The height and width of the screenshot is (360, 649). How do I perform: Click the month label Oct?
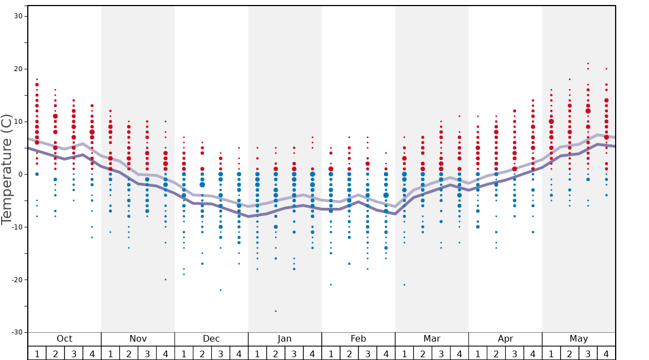(x=64, y=339)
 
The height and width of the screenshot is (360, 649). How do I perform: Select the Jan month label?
(x=284, y=339)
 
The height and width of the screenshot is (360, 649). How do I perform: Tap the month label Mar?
(x=432, y=339)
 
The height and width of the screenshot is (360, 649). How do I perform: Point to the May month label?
(x=578, y=339)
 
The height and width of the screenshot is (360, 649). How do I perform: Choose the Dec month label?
(x=211, y=339)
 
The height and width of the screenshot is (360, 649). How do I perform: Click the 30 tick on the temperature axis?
(x=18, y=16)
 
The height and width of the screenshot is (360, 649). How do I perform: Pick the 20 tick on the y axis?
(x=18, y=69)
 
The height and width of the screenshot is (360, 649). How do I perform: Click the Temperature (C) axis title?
(x=7, y=169)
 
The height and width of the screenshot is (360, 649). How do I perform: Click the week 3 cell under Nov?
(x=147, y=353)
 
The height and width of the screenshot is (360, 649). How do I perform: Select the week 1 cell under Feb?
(x=331, y=353)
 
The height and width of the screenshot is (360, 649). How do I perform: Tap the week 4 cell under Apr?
(x=533, y=353)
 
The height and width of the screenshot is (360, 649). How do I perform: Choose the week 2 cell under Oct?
(x=55, y=353)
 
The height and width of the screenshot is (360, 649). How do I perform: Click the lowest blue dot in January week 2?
(x=276, y=311)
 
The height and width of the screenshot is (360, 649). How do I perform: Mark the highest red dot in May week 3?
(x=588, y=63)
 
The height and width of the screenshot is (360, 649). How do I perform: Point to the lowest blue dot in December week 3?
(x=221, y=290)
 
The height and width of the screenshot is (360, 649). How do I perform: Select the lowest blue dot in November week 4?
(x=166, y=279)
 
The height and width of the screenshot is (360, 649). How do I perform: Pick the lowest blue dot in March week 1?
(x=405, y=285)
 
